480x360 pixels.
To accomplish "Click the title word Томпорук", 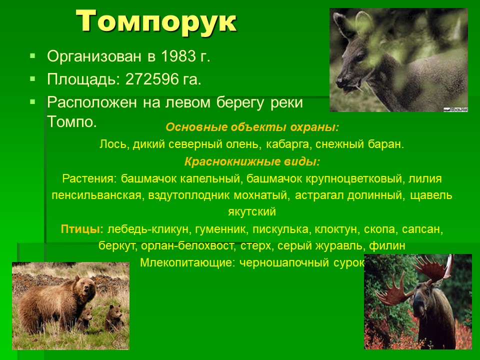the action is [156, 21].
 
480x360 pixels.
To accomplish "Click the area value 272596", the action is [152, 79].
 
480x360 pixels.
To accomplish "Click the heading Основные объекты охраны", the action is [252, 127].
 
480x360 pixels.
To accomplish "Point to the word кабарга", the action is [287, 144].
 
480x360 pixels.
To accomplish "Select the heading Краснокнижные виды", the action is [252, 161].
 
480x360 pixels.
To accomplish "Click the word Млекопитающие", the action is [187, 262].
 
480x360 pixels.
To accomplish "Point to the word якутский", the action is [252, 212].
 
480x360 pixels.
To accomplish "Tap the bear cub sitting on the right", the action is [114, 318].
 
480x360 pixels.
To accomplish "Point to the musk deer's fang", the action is [358, 88].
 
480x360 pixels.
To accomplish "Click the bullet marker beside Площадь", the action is [33, 79].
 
